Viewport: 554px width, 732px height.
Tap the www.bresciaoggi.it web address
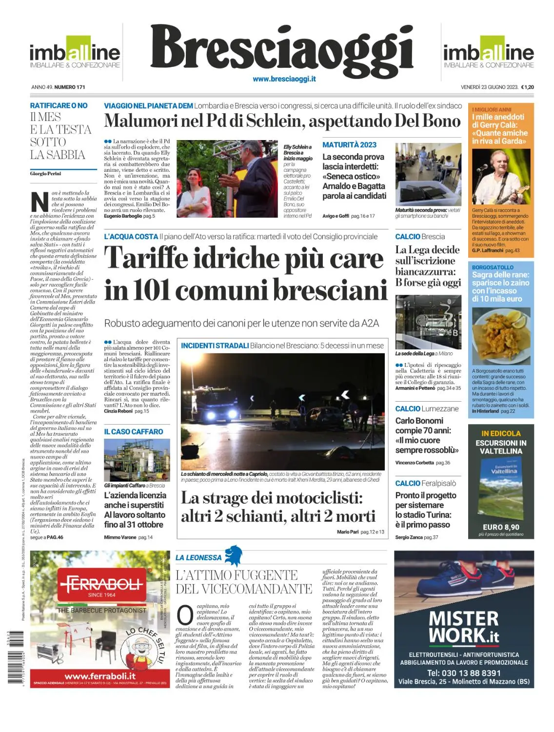tap(284, 79)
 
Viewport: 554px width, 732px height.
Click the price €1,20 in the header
tap(527, 87)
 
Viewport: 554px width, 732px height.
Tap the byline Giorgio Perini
tap(45, 174)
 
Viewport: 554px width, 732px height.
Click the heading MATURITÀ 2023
tap(349, 145)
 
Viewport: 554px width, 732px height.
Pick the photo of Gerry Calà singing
tap(501, 177)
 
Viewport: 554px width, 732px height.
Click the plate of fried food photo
tap(501, 336)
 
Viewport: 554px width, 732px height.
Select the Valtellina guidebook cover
tap(501, 488)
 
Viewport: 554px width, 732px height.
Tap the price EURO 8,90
tap(501, 527)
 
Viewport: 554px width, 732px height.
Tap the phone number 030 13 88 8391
tap(464, 673)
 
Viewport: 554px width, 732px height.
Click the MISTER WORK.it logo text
tap(464, 628)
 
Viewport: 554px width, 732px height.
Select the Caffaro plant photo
tap(137, 460)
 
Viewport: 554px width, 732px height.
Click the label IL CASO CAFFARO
tap(134, 432)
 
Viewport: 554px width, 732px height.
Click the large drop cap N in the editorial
tap(39, 202)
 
